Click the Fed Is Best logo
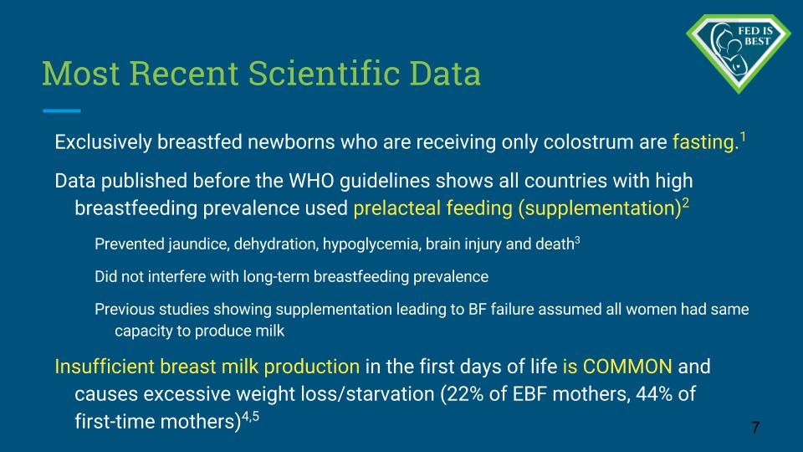[x=739, y=53]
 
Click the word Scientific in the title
[x=325, y=73]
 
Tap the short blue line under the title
[x=61, y=110]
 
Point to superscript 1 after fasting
[x=743, y=136]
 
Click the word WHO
[x=311, y=181]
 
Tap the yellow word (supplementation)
[x=599, y=208]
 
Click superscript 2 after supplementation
[x=685, y=203]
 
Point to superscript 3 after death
[x=577, y=240]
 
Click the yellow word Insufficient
[x=105, y=367]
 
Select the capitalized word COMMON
[x=627, y=367]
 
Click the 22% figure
[x=462, y=394]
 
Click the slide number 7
[x=755, y=428]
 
